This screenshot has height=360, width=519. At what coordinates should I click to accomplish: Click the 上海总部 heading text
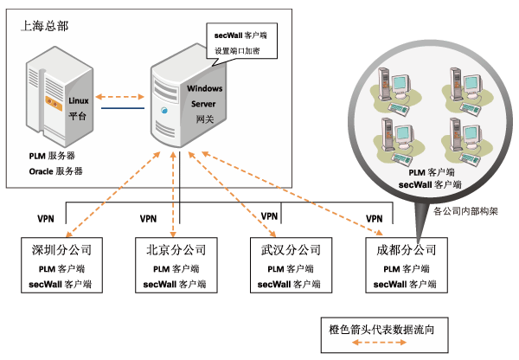tap(44, 27)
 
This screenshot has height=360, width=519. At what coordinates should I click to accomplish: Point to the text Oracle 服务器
tap(55, 170)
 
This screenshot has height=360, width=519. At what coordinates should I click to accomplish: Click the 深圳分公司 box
tap(61, 265)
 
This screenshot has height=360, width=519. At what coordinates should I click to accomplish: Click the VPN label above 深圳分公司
tap(48, 218)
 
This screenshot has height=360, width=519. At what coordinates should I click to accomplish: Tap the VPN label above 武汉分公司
tap(269, 216)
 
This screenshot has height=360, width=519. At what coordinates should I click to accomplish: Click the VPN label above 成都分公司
tap(375, 218)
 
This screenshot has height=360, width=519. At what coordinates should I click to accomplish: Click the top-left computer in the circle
tap(392, 87)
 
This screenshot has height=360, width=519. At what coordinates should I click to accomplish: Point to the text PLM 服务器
tap(51, 155)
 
